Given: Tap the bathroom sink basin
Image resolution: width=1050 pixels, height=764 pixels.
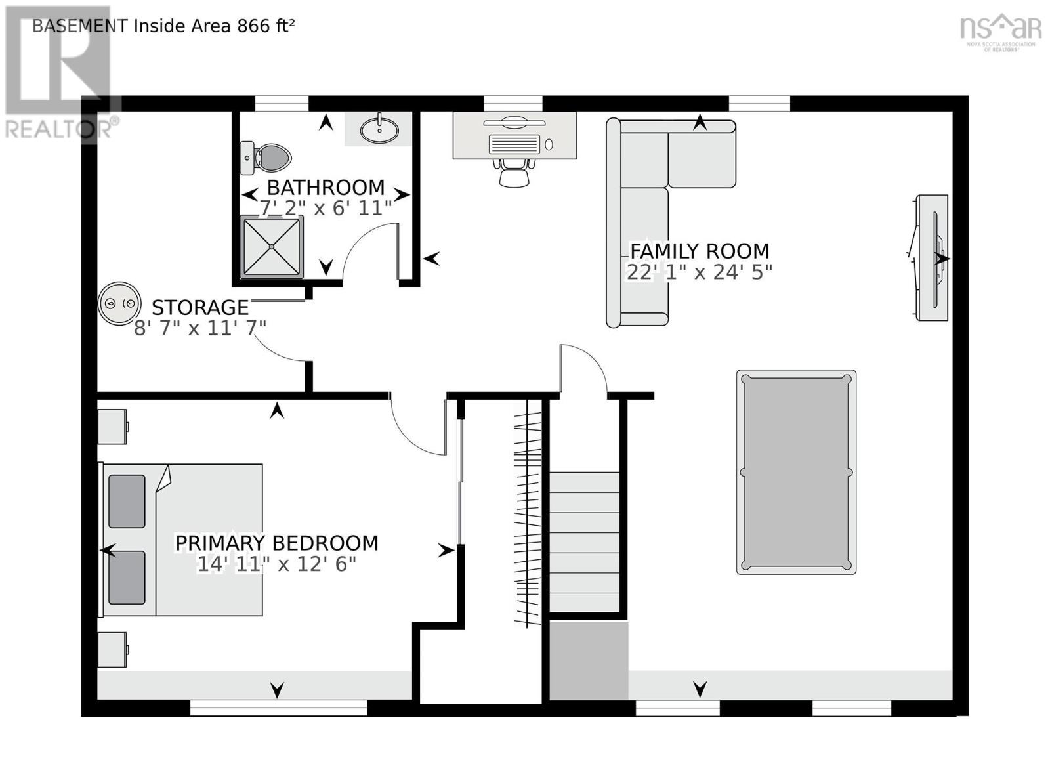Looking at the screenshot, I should click(379, 129).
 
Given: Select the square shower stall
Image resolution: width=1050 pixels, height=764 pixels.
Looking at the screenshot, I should click(272, 246).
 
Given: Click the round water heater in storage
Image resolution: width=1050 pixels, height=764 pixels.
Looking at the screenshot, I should click(119, 303).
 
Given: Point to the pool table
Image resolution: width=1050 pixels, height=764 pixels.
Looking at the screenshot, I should click(796, 472).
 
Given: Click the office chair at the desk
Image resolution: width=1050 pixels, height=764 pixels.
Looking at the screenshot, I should click(513, 173).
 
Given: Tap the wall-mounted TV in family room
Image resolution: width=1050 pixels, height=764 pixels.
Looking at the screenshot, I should click(933, 257).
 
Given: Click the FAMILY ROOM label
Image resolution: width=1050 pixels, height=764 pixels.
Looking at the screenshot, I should click(700, 251).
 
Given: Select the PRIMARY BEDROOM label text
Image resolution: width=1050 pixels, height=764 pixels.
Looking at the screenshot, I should click(276, 543).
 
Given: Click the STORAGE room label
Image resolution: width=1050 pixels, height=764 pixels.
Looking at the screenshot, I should click(200, 307).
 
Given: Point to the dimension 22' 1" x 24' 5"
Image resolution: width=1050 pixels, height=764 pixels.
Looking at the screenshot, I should click(700, 272).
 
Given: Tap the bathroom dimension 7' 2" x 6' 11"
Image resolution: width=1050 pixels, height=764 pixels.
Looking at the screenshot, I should click(325, 207).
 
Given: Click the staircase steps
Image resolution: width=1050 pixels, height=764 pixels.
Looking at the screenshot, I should click(584, 541).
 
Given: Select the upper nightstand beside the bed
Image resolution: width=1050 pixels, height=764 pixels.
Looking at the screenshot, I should click(112, 427).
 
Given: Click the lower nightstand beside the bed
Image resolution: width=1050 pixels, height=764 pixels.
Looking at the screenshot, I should click(112, 649).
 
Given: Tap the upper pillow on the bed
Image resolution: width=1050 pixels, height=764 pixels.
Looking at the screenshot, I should click(127, 501).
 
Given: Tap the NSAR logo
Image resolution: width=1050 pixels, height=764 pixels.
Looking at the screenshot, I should click(1000, 30).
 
